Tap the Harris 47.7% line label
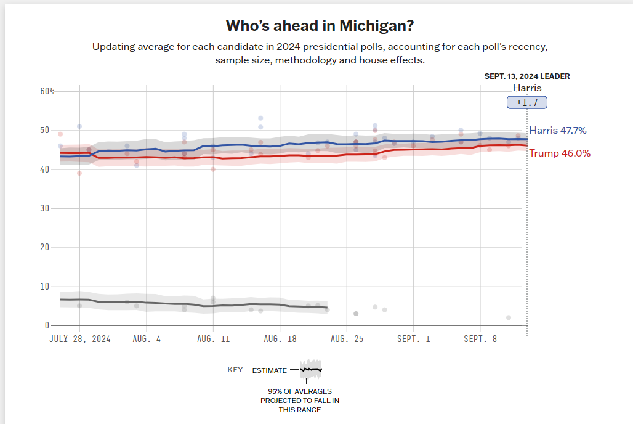pyautogui.click(x=558, y=131)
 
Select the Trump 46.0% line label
pyautogui.click(x=560, y=153)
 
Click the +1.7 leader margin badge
pyautogui.click(x=526, y=102)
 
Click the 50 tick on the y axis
pyautogui.click(x=44, y=130)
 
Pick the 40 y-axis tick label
pyautogui.click(x=44, y=169)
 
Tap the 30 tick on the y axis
pyautogui.click(x=44, y=208)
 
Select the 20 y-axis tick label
pyautogui.click(x=44, y=247)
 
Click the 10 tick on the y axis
pyautogui.click(x=44, y=287)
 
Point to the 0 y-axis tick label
pyautogui.click(x=47, y=325)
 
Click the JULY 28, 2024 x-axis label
pyautogui.click(x=79, y=339)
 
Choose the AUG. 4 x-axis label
pyautogui.click(x=146, y=339)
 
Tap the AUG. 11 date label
pyautogui.click(x=213, y=339)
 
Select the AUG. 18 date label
pyautogui.click(x=280, y=339)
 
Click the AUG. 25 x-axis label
pyautogui.click(x=347, y=339)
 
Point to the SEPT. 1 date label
pyautogui.click(x=413, y=339)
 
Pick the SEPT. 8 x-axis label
pyautogui.click(x=480, y=339)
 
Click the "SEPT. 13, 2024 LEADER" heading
pyautogui.click(x=526, y=76)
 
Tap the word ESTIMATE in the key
pyautogui.click(x=269, y=370)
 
